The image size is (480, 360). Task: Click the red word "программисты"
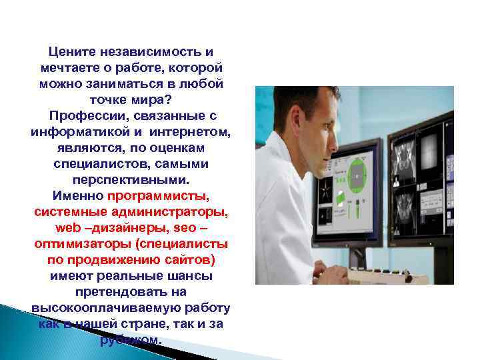click(x=157, y=196)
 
